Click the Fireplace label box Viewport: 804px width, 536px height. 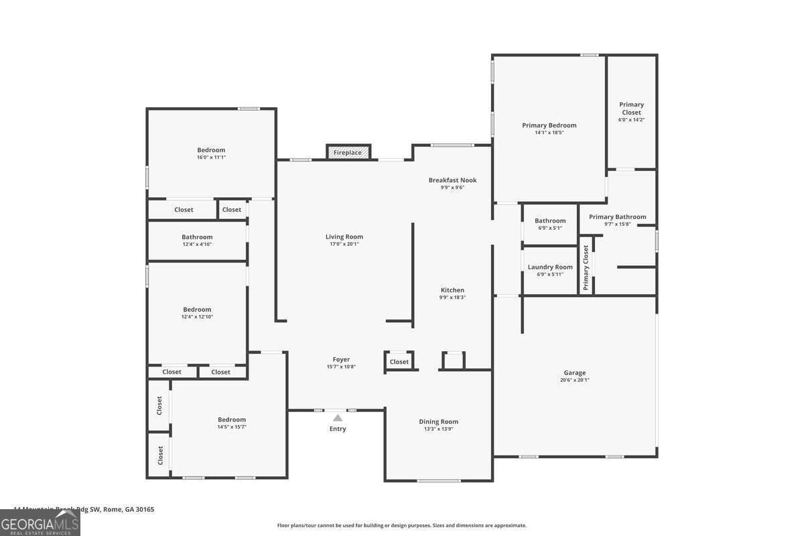tap(348, 153)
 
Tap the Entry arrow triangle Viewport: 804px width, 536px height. tap(338, 418)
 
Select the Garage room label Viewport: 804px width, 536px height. tap(574, 373)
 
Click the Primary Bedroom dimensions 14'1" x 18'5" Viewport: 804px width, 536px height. tap(549, 133)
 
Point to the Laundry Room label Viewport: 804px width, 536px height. tap(550, 267)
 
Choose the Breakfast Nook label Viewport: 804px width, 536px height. tap(452, 180)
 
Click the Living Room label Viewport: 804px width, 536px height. tap(344, 237)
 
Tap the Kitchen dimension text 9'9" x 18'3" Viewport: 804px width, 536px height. tap(452, 297)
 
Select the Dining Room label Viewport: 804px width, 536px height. tap(438, 421)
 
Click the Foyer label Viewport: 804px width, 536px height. tap(341, 360)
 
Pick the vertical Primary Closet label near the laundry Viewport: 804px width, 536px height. tap(586, 268)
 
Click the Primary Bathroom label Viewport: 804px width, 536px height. tap(617, 217)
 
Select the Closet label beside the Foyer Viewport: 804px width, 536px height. tap(399, 362)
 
